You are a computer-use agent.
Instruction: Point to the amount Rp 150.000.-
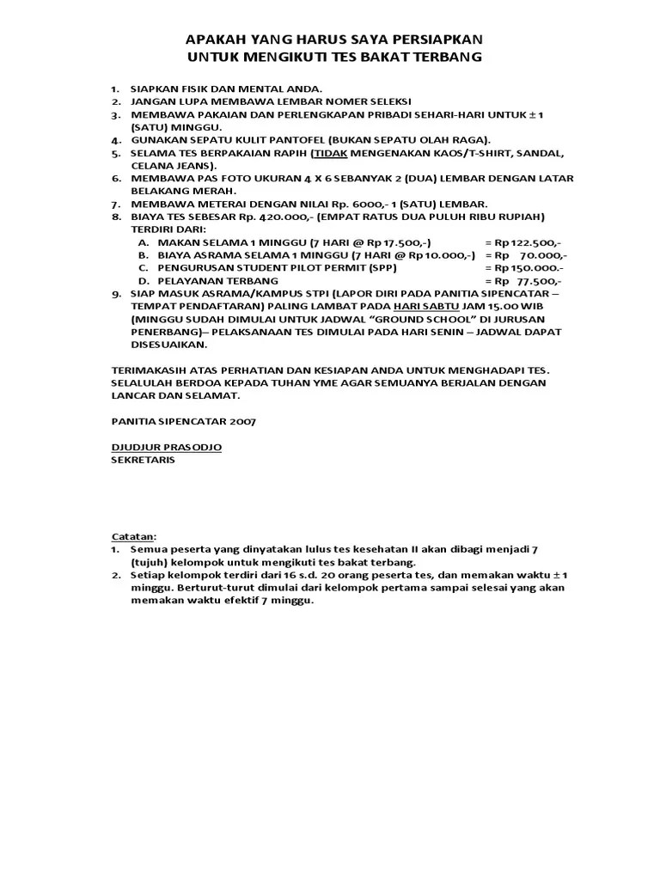click(525, 268)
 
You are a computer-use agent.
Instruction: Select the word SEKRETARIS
click(143, 460)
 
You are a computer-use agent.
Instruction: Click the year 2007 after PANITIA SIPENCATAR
click(241, 421)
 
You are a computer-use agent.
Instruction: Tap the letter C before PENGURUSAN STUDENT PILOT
click(143, 268)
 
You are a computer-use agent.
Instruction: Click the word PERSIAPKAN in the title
click(435, 40)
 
